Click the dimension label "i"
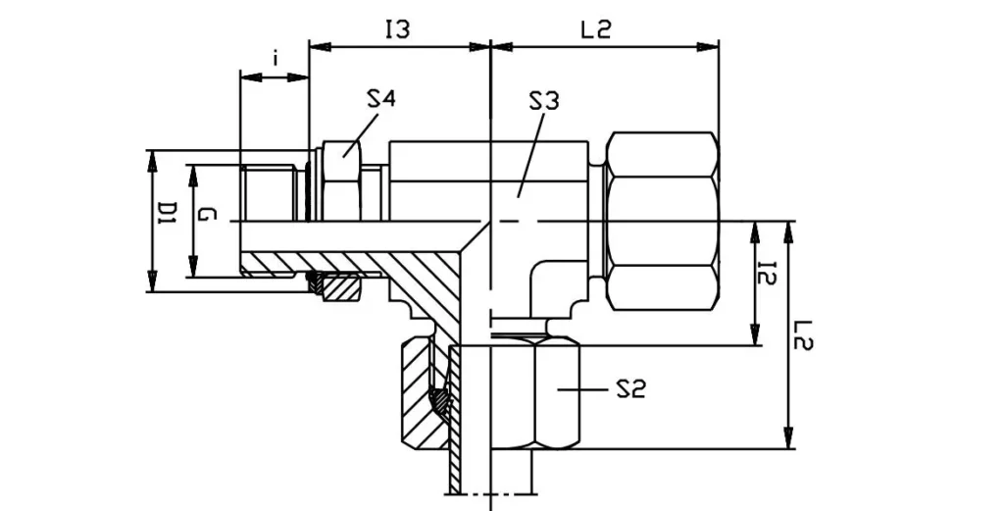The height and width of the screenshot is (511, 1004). point(276,59)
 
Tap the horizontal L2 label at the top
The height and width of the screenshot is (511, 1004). point(595,30)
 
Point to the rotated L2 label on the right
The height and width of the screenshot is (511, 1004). point(805,334)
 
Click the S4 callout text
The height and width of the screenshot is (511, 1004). point(381,98)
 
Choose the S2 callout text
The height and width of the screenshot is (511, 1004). point(629,390)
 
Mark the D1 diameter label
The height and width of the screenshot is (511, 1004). point(167,220)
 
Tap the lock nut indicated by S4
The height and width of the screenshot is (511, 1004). point(339,181)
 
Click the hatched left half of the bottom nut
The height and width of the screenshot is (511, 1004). point(424,392)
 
